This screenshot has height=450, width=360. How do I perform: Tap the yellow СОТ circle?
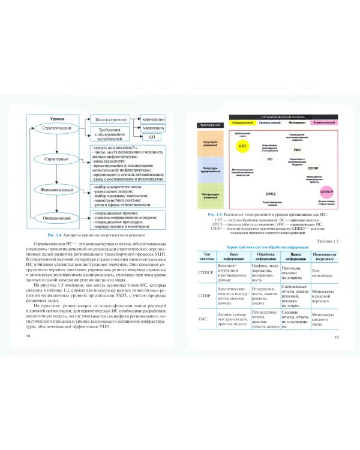242,145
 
